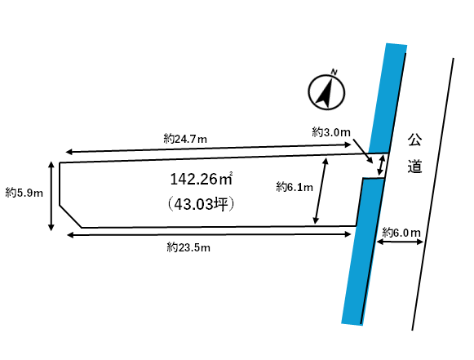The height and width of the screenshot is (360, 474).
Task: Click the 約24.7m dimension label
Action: pyautogui.click(x=185, y=139)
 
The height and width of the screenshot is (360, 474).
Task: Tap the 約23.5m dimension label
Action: pyautogui.click(x=188, y=248)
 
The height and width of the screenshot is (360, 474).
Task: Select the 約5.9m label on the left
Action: pyautogui.click(x=24, y=193)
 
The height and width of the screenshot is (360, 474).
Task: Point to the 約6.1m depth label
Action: pyautogui.click(x=295, y=187)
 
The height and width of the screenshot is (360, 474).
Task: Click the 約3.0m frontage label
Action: pyautogui.click(x=331, y=132)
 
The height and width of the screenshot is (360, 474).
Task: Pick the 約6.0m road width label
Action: pyautogui.click(x=401, y=233)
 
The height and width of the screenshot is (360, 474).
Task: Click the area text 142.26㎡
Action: pyautogui.click(x=202, y=179)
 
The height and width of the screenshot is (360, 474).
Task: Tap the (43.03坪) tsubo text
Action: pyautogui.click(x=202, y=205)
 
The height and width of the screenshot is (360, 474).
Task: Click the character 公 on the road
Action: pyautogui.click(x=414, y=140)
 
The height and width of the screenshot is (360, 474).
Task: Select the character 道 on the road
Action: pyautogui.click(x=414, y=167)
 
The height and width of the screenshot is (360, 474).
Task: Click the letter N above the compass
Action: pyautogui.click(x=334, y=72)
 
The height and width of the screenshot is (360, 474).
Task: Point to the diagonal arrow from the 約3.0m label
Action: pyautogui.click(x=363, y=151)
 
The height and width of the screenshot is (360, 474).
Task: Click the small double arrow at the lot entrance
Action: pyautogui.click(x=381, y=165)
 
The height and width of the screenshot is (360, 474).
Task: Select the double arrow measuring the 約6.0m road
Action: pyautogui.click(x=400, y=242)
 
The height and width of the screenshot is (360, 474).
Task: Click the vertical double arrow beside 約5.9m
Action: pyautogui.click(x=51, y=196)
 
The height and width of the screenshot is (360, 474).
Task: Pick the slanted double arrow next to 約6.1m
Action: pyautogui.click(x=321, y=191)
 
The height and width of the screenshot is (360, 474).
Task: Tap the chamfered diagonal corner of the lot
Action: pyautogui.click(x=70, y=216)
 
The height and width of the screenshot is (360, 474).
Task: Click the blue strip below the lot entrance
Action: pyautogui.click(x=363, y=251)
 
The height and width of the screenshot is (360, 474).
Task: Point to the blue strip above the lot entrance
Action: pyautogui.click(x=388, y=99)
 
